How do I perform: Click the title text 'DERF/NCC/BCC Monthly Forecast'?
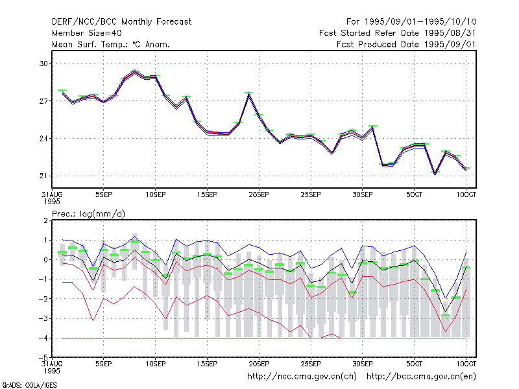pyautogui.click(x=121, y=22)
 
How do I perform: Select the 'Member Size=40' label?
pyautogui.click(x=87, y=33)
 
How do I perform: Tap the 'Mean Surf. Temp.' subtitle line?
pyautogui.click(x=110, y=44)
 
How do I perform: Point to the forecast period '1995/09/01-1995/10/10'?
pyautogui.click(x=420, y=22)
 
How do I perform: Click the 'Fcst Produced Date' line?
pyautogui.click(x=406, y=44)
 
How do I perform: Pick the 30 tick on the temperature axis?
pyautogui.click(x=43, y=63)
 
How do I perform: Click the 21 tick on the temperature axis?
pyautogui.click(x=43, y=176)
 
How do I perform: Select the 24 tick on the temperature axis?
pyautogui.click(x=43, y=138)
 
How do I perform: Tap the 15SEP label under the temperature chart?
pyautogui.click(x=207, y=195)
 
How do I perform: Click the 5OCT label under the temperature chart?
pyautogui.click(x=414, y=195)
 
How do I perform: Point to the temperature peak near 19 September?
pyautogui.click(x=249, y=94)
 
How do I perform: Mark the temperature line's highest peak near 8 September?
pyautogui.click(x=134, y=71)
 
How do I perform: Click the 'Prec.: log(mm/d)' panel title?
pyautogui.click(x=88, y=214)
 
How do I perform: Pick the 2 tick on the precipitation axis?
pyautogui.click(x=45, y=220)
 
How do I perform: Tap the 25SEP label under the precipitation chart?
pyautogui.click(x=311, y=364)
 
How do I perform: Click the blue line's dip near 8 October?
pyautogui.click(x=446, y=298)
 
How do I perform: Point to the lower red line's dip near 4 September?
pyautogui.click(x=93, y=320)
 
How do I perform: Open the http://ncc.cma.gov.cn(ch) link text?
pyautogui.click(x=302, y=377)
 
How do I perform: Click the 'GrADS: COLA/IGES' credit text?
pyautogui.click(x=30, y=385)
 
